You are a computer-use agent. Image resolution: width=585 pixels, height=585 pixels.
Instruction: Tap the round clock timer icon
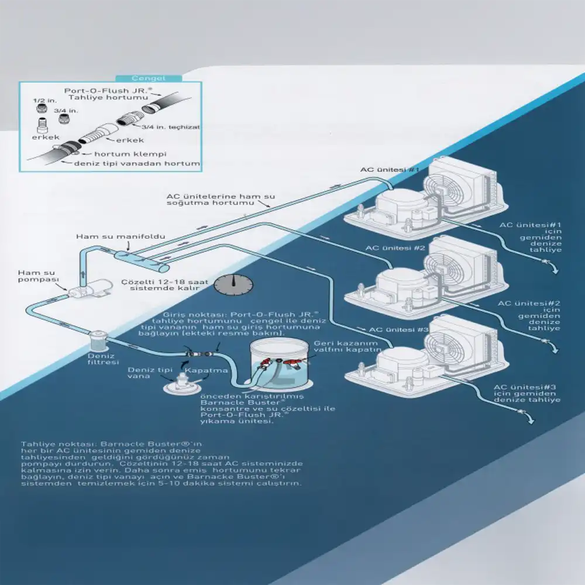tap(233, 285)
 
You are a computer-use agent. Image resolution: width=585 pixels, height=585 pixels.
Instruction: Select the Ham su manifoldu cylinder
tap(141, 260)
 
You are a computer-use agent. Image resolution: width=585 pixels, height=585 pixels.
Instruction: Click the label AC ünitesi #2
tap(387, 248)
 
